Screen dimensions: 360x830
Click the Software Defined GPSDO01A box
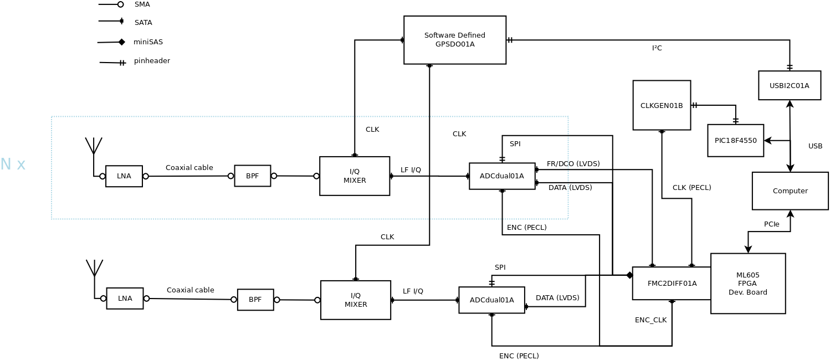[x=454, y=40]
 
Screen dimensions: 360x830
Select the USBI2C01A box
[x=789, y=85]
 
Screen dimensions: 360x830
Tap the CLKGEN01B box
[x=661, y=105]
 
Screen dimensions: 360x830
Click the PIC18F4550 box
[x=735, y=141]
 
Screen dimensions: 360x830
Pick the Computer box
[x=790, y=191]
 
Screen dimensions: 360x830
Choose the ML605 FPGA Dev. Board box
[x=747, y=284]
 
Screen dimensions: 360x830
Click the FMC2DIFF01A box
[x=672, y=284]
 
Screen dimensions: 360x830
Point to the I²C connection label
[x=657, y=48]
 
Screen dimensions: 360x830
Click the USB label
[x=815, y=146]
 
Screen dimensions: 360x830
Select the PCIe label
[x=771, y=224]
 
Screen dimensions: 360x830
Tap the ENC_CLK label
[x=650, y=320]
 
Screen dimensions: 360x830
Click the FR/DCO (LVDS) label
[x=573, y=164]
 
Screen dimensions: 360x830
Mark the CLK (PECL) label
[x=691, y=188]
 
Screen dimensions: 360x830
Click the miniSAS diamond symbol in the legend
[x=121, y=42]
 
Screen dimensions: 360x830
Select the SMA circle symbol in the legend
[x=120, y=4]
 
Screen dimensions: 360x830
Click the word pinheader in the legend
[x=152, y=61]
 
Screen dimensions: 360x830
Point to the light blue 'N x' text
[x=13, y=164]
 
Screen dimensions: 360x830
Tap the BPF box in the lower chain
[x=255, y=300]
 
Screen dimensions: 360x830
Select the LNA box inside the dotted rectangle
[x=124, y=176]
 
